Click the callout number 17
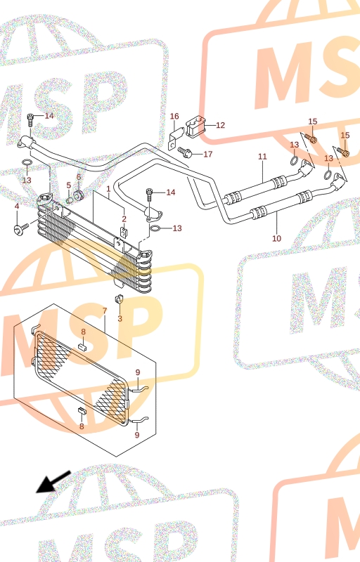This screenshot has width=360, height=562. coord(208,154)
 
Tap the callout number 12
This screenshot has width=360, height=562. coord(220,125)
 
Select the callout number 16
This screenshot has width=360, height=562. coord(174,116)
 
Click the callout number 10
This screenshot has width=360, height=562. coord(276,238)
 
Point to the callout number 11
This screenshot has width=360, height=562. coord(262,157)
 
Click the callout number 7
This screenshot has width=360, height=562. coord(105,311)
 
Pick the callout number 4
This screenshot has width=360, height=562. coord(16,207)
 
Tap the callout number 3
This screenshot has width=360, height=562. coord(120,318)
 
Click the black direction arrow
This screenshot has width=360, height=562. coord(53,482)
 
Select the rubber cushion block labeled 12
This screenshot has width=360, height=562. coord(195,126)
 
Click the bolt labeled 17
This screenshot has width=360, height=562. coord(185,152)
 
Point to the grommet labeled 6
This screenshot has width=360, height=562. coord(79,196)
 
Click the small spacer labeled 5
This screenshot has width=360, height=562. coord(70,197)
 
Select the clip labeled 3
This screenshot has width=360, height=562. coord(119,298)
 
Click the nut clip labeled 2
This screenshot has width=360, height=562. coord(124,233)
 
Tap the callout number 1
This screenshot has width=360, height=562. coord(108,188)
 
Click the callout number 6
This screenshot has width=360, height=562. coord(79,177)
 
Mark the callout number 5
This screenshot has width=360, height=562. coord(68,185)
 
